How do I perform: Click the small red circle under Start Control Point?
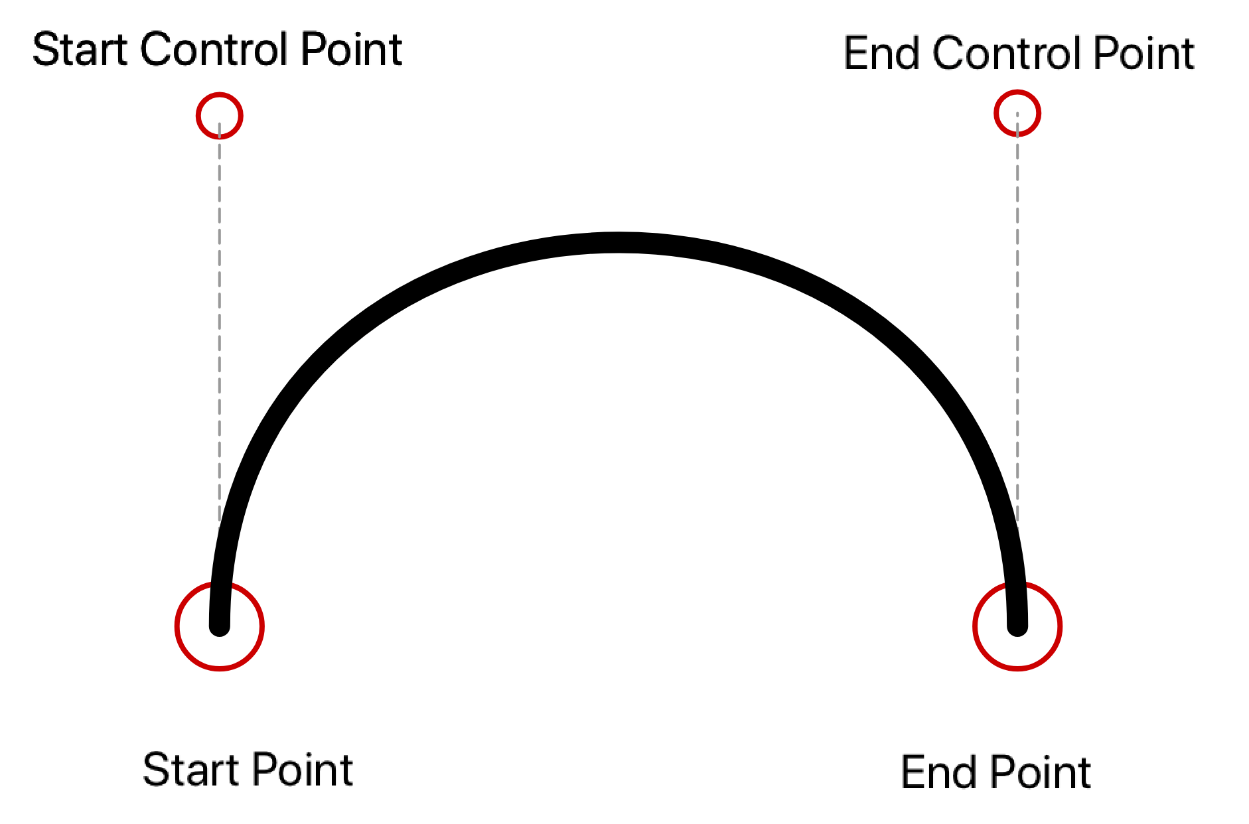click(220, 116)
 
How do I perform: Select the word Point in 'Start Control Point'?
click(351, 50)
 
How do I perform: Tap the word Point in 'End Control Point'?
click(1143, 54)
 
